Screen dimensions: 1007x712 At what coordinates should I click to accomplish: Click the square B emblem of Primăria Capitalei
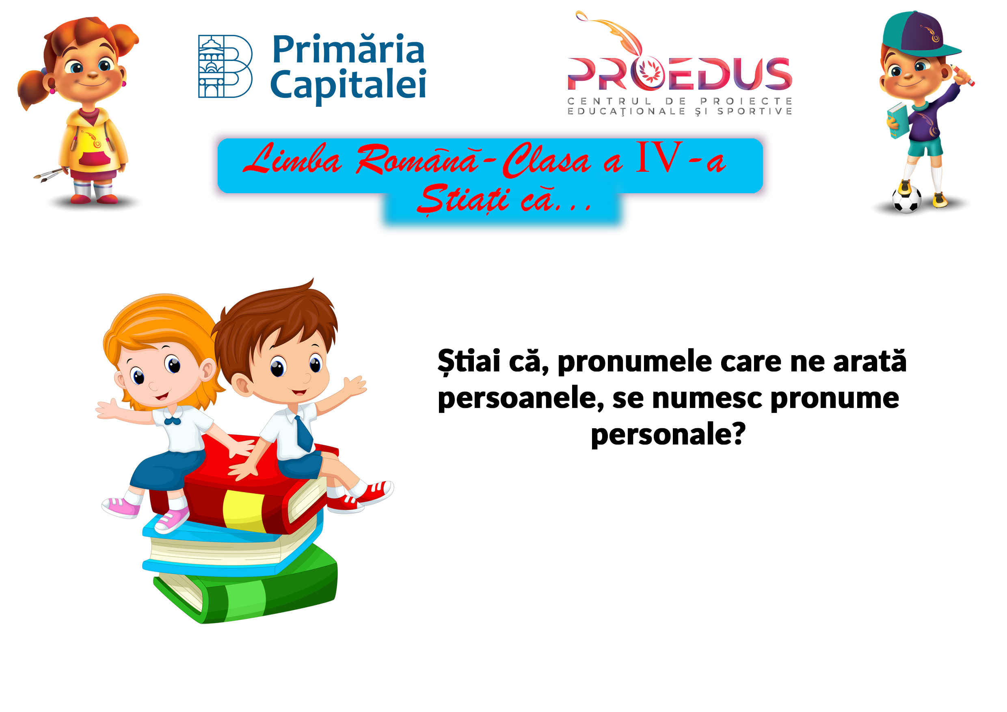click(225, 66)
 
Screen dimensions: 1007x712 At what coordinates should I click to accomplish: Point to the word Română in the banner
click(417, 159)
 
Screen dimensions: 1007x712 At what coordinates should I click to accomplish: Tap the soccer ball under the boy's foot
click(907, 199)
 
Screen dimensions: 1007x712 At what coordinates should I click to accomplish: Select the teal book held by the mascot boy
click(897, 121)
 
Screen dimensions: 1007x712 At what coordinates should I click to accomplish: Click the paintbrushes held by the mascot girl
click(49, 175)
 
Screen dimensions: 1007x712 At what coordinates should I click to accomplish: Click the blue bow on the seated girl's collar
click(172, 421)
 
